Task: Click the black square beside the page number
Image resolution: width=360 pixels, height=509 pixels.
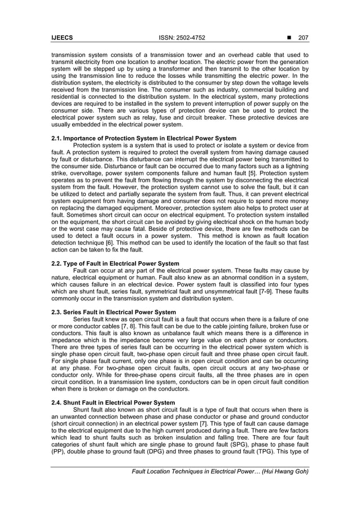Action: tap(289, 37)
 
